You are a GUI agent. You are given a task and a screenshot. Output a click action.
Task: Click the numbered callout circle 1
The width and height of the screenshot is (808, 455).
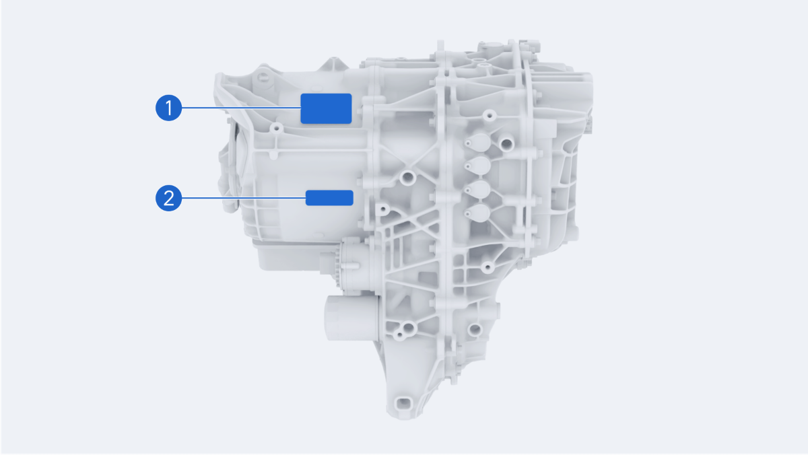pos(168,108)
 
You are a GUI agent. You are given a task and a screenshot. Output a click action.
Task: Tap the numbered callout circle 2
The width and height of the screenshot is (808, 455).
pos(168,198)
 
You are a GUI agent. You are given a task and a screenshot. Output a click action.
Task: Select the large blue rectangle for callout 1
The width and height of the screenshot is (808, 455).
pos(326,108)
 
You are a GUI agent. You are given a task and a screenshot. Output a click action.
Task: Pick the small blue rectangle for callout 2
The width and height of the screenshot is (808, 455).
pos(329,198)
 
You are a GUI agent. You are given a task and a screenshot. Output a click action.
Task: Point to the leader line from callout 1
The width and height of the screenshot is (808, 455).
pos(241,108)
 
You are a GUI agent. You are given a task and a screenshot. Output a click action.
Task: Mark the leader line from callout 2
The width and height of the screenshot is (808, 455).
pos(244,198)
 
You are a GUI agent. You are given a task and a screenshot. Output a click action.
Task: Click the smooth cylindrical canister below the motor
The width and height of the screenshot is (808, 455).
pos(351,318)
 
